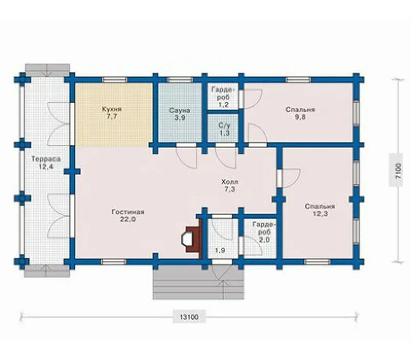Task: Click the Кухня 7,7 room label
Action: coord(112,113)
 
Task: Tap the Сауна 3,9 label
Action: coord(179,114)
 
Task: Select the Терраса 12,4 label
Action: coord(46,163)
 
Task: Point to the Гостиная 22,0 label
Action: coord(128,215)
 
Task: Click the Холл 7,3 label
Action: coord(230,186)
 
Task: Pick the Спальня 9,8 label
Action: coord(301,113)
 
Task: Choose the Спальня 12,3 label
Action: coord(320,210)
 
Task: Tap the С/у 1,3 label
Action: coord(224,129)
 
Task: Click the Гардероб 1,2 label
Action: coord(223,97)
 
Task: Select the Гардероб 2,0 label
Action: coord(264,232)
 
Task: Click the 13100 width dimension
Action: coord(189,317)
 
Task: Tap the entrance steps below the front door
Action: coord(198,282)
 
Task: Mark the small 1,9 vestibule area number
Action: coord(220,250)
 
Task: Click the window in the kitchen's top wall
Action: coord(114,80)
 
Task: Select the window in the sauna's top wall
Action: coord(180,80)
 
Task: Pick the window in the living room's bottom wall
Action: coord(114,262)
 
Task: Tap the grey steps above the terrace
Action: coord(47,69)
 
